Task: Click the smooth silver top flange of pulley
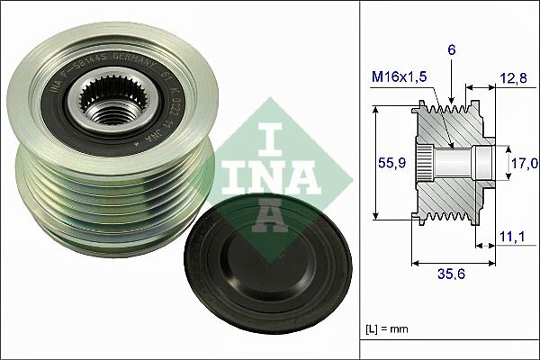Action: pyautogui.click(x=211, y=90)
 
